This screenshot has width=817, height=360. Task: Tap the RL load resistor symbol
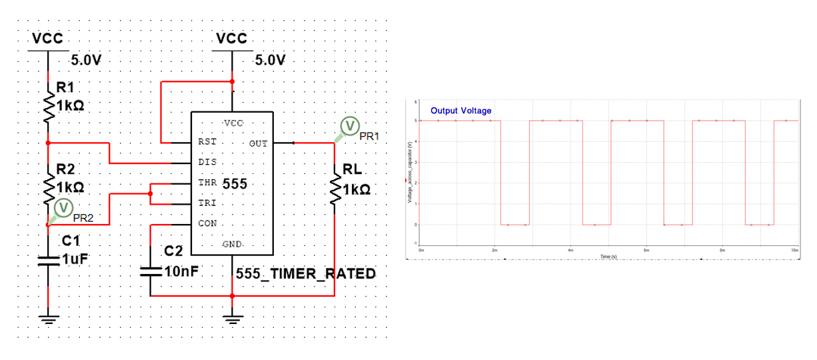pos(333,189)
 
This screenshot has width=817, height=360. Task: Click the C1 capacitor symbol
pos(48,260)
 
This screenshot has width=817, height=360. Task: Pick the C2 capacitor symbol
pos(151,272)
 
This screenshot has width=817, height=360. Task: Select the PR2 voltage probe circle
pos(64,208)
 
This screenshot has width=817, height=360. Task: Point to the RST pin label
pos(207,142)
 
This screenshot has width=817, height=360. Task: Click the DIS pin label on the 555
pos(207,163)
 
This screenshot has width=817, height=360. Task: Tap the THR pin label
pos(207,183)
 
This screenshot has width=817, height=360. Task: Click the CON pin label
pos(207,224)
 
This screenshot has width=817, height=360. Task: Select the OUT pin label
pos(258,143)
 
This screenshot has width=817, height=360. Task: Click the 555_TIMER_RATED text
pos(306,274)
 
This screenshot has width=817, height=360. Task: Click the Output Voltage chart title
pos(460,111)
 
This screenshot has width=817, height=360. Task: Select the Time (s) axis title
pos(607,256)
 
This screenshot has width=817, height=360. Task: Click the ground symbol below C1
pos(48,318)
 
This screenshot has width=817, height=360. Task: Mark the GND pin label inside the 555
pos(232,245)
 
